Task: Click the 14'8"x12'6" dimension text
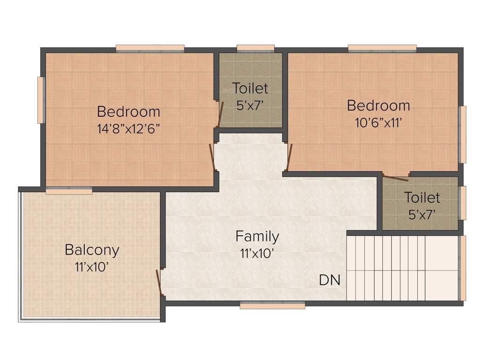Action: [128, 129]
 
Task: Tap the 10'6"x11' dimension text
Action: [378, 122]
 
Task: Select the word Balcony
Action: [92, 250]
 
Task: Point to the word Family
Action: [257, 236]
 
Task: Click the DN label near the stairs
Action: [330, 280]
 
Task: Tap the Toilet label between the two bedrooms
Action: [250, 88]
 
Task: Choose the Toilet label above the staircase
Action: [422, 198]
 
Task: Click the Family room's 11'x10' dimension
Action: [257, 254]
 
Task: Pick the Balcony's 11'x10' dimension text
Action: [92, 267]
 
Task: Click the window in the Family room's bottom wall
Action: [272, 306]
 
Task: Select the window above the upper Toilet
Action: [255, 47]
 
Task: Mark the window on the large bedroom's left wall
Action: [41, 100]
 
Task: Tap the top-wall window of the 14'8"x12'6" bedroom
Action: [150, 47]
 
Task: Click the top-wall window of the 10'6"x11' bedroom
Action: [382, 47]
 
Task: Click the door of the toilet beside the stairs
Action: [395, 177]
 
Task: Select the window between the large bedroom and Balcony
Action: [69, 191]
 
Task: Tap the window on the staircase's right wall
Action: [463, 268]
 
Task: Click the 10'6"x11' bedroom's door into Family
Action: [289, 157]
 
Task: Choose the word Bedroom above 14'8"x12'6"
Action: [128, 112]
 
